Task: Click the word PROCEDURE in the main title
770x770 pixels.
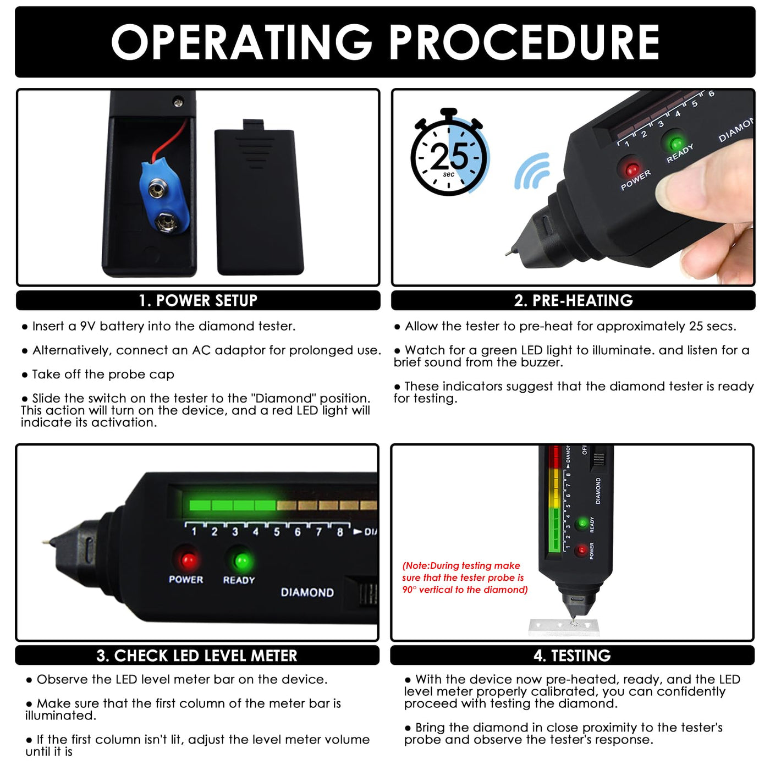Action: click(524, 42)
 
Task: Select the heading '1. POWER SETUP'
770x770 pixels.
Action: click(198, 300)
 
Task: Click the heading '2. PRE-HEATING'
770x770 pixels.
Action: click(573, 300)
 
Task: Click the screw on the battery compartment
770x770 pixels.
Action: click(178, 103)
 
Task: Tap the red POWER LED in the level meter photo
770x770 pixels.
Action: click(188, 560)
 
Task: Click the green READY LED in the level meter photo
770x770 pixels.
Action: click(242, 562)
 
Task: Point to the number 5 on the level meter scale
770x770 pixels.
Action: click(277, 532)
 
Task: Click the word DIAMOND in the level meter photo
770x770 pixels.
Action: click(307, 592)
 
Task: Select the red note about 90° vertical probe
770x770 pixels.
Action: click(465, 578)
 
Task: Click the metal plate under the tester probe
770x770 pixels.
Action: click(564, 628)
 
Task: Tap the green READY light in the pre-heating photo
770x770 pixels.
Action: click(676, 143)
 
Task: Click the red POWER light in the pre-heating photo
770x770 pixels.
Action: click(632, 170)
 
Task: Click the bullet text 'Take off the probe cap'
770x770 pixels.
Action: click(103, 375)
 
